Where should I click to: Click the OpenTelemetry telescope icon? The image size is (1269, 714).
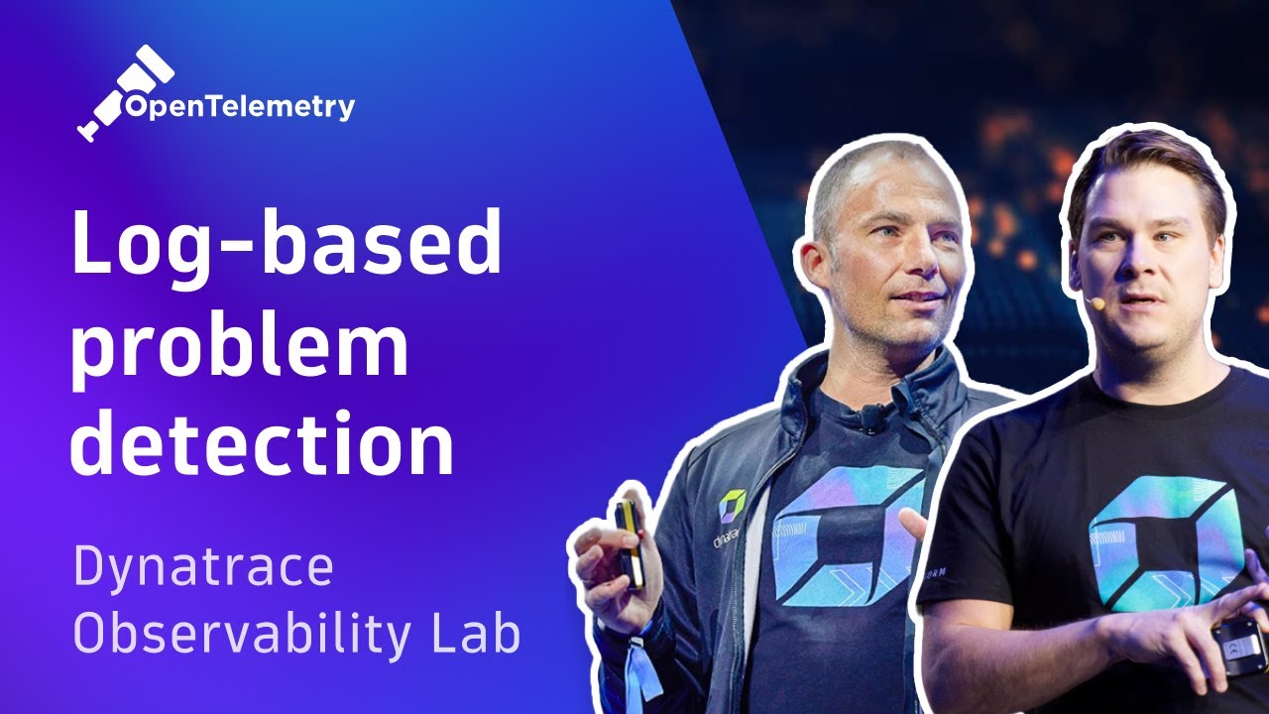point(124,92)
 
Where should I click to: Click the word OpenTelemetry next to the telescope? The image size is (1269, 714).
point(238,106)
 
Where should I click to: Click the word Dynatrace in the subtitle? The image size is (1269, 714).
point(202,568)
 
